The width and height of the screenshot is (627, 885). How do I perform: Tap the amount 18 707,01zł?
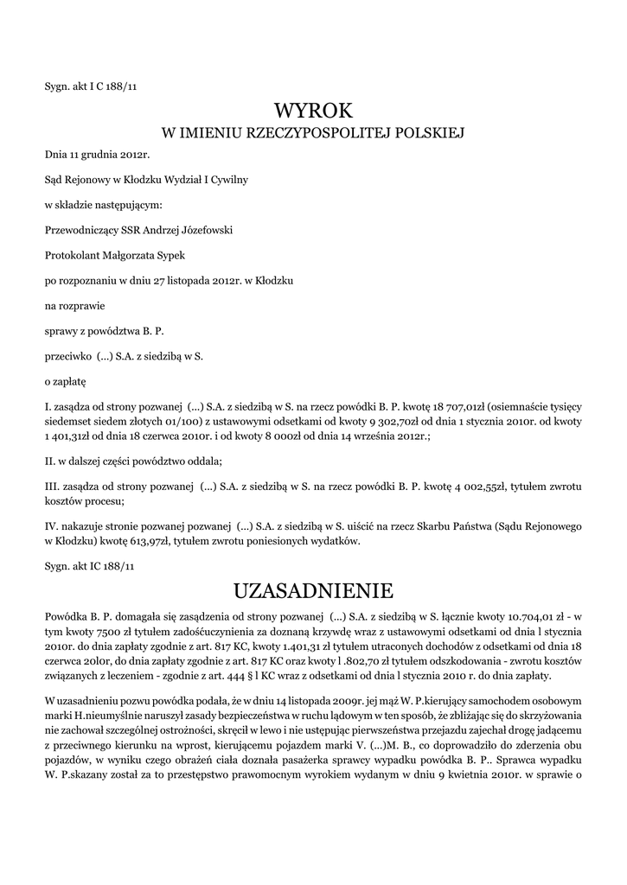458,404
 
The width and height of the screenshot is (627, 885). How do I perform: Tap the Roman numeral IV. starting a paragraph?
51,526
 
